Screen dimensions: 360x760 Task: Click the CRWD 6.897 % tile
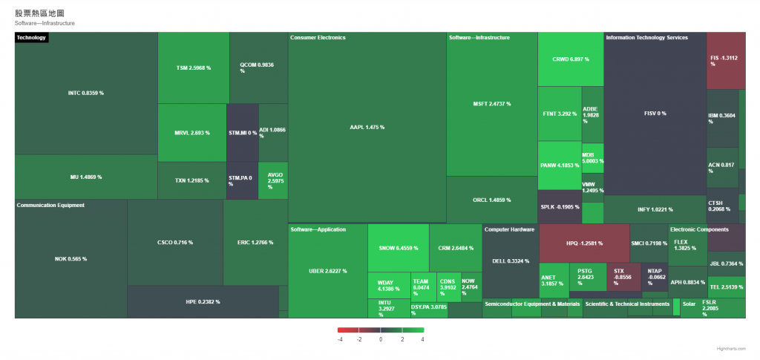click(x=570, y=59)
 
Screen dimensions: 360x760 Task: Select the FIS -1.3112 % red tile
click(x=726, y=60)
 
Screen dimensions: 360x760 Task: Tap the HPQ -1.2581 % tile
click(x=584, y=243)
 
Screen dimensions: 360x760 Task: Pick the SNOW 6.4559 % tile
click(x=398, y=248)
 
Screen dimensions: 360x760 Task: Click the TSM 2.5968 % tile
click(x=193, y=68)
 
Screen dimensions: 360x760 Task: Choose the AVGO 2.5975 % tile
click(x=272, y=181)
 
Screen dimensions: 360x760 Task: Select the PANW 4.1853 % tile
click(x=560, y=165)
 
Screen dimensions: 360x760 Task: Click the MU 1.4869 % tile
click(x=85, y=177)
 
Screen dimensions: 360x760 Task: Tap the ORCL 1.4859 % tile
click(x=491, y=200)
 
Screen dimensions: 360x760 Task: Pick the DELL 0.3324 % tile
click(x=510, y=261)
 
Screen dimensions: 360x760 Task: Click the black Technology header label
click(x=31, y=38)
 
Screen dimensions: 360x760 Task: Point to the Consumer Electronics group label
click(x=318, y=38)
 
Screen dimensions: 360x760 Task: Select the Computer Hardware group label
click(x=509, y=229)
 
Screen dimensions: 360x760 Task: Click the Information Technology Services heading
click(x=646, y=38)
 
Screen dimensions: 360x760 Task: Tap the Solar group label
click(x=689, y=304)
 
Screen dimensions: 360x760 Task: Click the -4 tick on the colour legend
click(x=340, y=339)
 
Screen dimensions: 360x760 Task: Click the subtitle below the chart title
click(x=45, y=23)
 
